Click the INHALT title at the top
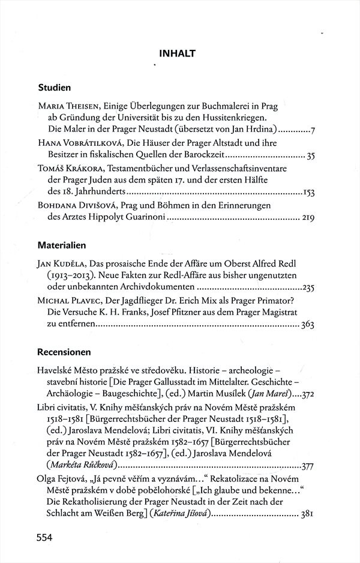[x=178, y=53]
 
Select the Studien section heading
[x=55, y=87]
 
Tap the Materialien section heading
[x=62, y=245]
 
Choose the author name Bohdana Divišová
[x=80, y=206]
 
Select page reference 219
[x=307, y=219]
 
